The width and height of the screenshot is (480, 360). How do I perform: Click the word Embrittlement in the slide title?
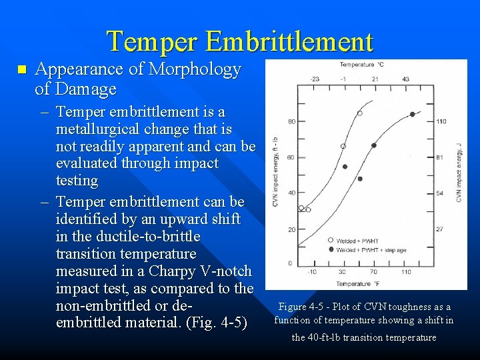289,41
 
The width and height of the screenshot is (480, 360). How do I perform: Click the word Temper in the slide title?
153,41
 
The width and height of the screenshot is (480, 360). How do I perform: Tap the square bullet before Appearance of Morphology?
21,69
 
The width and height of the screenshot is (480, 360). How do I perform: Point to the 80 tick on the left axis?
291,121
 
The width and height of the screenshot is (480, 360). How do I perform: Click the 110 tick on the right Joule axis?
441,121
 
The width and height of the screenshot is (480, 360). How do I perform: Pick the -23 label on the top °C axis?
315,79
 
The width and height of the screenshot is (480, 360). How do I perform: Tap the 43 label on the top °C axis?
406,79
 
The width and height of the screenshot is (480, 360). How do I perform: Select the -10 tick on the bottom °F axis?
313,272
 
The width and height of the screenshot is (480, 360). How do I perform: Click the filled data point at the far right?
412,115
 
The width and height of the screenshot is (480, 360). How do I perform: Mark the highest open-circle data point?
359,113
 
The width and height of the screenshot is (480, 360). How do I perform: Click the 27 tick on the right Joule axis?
440,229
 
